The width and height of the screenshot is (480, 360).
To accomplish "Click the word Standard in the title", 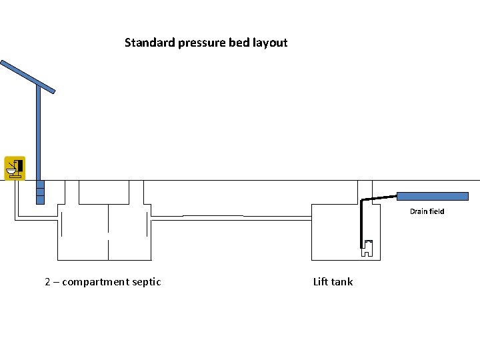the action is (x=150, y=42).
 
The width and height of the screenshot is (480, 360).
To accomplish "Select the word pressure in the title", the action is (x=202, y=43).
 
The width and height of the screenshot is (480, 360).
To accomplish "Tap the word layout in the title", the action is (x=270, y=43).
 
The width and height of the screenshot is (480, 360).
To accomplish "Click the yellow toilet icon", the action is (x=15, y=168).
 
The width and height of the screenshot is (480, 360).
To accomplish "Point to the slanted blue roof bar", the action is (x=27, y=77).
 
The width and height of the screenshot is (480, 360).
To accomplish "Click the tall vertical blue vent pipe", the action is (x=39, y=144).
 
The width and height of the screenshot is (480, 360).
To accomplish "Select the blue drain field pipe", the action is (x=433, y=196).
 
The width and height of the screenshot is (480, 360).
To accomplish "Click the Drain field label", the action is (x=427, y=211).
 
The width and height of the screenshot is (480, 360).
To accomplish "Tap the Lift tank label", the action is (x=333, y=281).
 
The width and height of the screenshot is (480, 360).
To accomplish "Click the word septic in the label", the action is (x=146, y=282).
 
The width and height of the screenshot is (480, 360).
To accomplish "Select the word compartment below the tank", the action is (x=95, y=282).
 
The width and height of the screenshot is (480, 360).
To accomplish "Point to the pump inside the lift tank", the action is (x=367, y=248).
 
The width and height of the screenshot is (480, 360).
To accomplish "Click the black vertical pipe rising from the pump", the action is (x=361, y=223).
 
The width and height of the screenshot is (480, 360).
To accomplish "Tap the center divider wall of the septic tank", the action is (x=109, y=233).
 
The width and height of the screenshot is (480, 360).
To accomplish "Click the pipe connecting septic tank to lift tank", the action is (x=231, y=218).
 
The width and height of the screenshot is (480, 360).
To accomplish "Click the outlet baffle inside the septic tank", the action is (x=147, y=225).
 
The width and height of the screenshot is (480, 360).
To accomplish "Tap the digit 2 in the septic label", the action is (x=47, y=281).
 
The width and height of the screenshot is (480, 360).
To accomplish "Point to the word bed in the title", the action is (x=240, y=42).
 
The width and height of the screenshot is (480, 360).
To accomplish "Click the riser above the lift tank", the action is (x=365, y=192).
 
